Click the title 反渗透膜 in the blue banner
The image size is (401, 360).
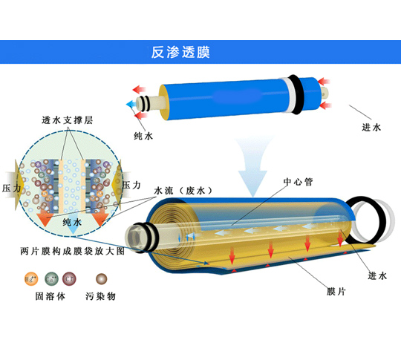(x=180, y=52)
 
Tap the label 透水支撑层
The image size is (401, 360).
(x=68, y=120)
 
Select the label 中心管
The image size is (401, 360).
(x=298, y=182)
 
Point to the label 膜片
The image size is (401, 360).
(x=336, y=292)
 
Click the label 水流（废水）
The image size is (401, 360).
(x=183, y=191)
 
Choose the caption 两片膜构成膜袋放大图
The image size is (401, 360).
(x=72, y=251)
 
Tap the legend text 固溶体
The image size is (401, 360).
(x=50, y=296)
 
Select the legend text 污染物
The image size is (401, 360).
(x=100, y=296)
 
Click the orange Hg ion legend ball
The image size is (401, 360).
(x=31, y=278)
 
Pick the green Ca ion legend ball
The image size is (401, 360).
(x=51, y=278)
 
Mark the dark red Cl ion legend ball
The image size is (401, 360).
(x=69, y=278)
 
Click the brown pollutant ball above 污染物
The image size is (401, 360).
(x=101, y=278)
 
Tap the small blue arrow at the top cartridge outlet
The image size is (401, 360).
(x=131, y=104)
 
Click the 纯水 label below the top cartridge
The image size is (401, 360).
(x=143, y=136)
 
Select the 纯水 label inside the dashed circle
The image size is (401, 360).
(x=72, y=222)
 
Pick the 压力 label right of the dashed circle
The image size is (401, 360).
(x=131, y=185)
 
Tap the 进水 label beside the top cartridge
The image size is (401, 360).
(x=371, y=128)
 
